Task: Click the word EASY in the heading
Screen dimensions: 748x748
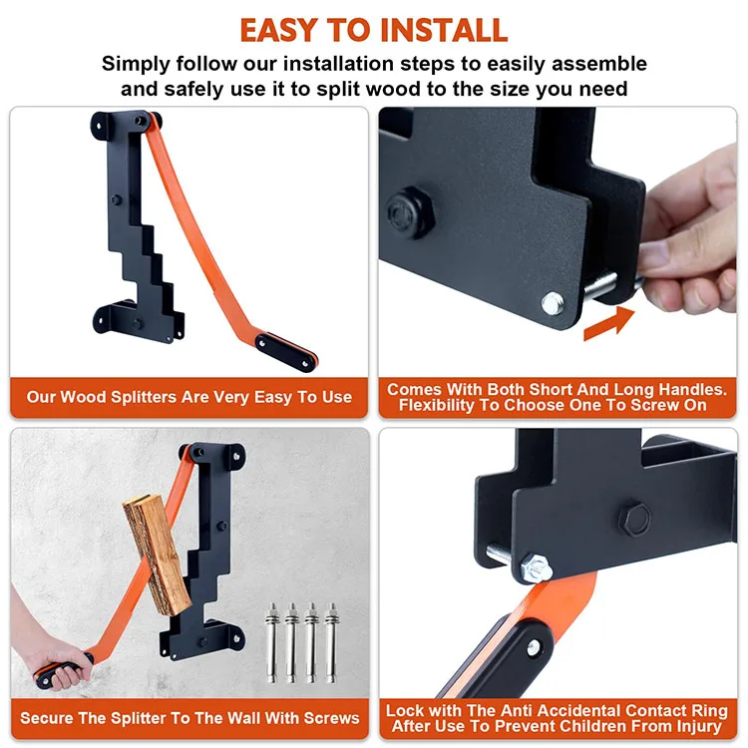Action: click(x=279, y=30)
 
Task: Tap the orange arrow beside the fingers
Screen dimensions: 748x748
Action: click(x=609, y=323)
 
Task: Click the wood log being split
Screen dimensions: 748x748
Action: click(x=157, y=554)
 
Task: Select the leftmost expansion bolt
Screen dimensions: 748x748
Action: click(x=272, y=642)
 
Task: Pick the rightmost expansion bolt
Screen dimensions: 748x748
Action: click(x=331, y=642)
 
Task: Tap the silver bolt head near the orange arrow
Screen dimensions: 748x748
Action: click(x=553, y=303)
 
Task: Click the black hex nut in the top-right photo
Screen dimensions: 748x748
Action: click(x=409, y=211)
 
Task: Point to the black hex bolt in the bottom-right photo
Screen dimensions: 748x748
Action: click(x=634, y=519)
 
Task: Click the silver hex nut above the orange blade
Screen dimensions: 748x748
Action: click(x=536, y=567)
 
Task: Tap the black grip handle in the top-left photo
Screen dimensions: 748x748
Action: click(x=286, y=352)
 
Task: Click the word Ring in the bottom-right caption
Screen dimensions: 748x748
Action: click(x=710, y=711)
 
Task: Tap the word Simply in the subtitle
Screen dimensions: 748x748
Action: click(x=136, y=65)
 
